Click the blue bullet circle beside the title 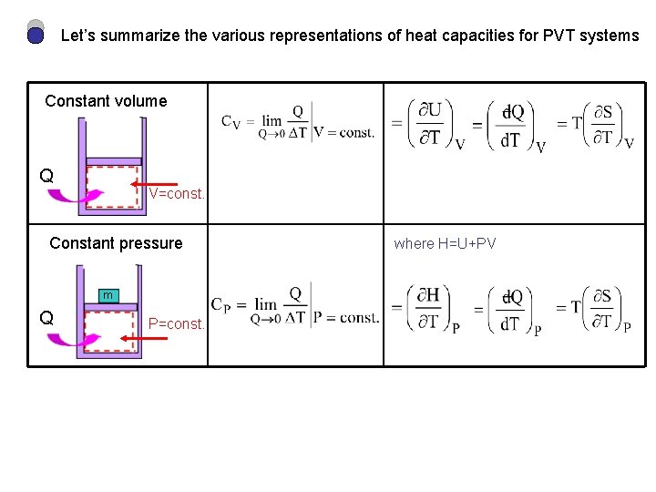(36, 36)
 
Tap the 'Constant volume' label (106, 101)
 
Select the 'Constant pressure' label (116, 243)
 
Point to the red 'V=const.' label (177, 193)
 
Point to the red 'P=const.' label (177, 323)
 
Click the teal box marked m (108, 295)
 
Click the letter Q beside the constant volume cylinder (46, 176)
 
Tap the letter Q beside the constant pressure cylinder (46, 318)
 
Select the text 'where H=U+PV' (445, 243)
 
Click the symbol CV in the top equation (231, 122)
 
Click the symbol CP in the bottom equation (220, 305)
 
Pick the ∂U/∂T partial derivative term (429, 125)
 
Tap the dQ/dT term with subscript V (514, 126)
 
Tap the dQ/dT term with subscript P (513, 310)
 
